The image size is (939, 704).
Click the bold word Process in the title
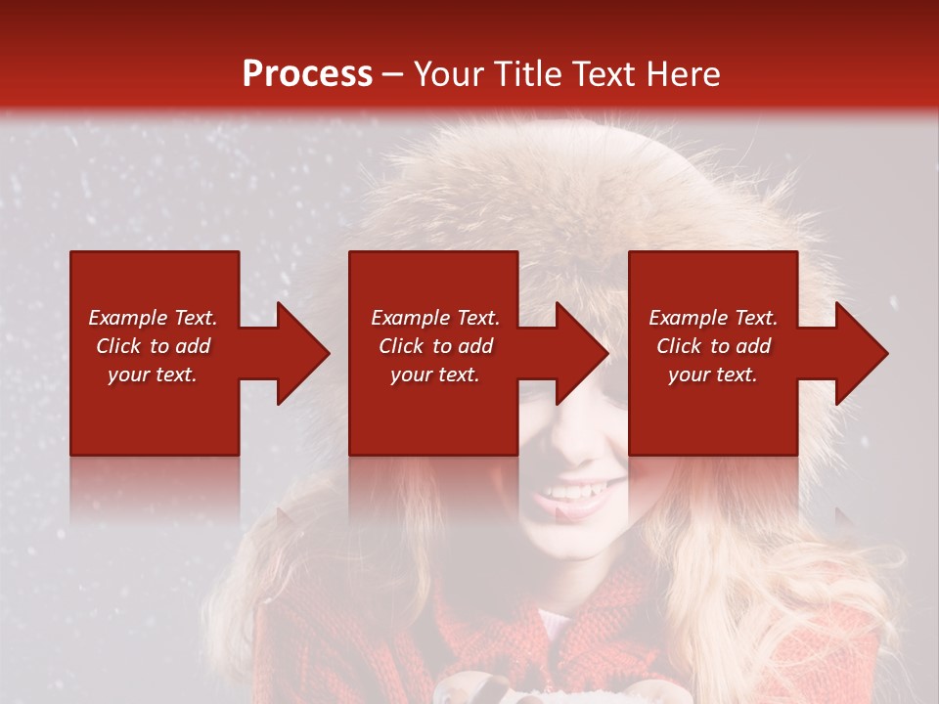(x=307, y=74)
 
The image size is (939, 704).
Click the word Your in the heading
(x=448, y=74)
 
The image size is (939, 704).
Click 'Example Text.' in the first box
(x=153, y=318)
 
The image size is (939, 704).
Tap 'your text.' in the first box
(x=153, y=374)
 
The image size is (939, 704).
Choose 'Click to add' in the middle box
(x=435, y=346)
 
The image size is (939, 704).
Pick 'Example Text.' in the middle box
(x=435, y=318)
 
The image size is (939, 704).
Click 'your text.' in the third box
(x=713, y=374)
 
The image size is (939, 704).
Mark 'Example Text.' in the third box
(x=713, y=318)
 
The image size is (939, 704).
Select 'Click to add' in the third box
(x=713, y=346)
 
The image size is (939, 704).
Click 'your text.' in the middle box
(x=435, y=374)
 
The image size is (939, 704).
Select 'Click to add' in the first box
(x=153, y=346)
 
